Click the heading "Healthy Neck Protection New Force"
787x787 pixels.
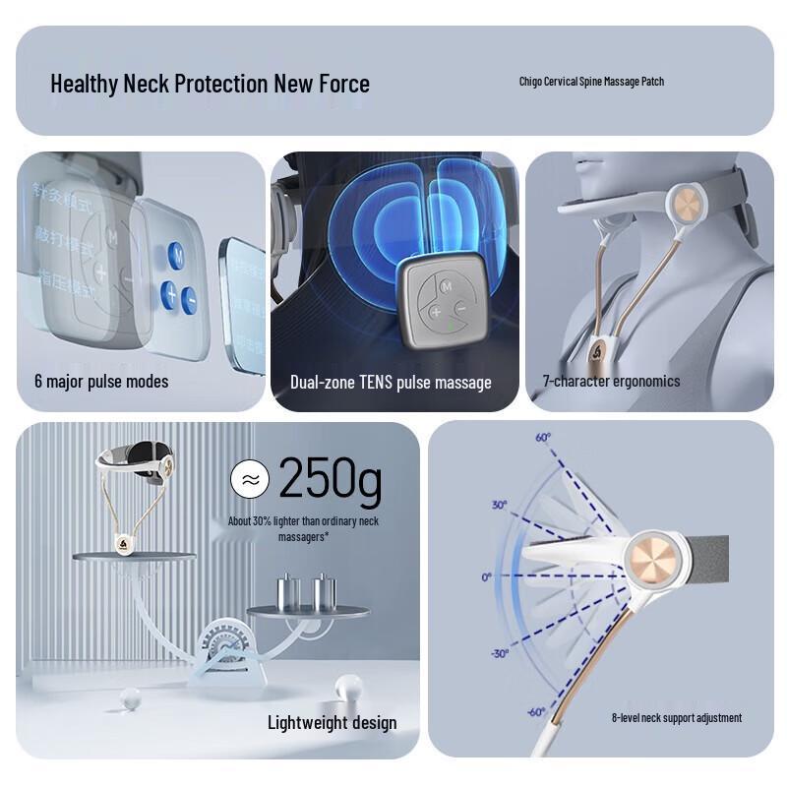[x=210, y=84]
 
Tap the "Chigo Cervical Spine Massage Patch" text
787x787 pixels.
[x=591, y=82]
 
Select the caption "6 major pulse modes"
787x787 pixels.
[x=101, y=382]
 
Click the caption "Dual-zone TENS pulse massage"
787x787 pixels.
[x=391, y=383]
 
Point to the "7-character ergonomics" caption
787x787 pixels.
[x=611, y=382]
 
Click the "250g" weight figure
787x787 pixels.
[x=330, y=479]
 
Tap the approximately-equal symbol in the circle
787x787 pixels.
[x=250, y=480]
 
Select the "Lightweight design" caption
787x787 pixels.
[x=333, y=723]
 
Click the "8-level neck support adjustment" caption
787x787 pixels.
[x=677, y=718]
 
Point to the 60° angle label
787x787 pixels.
[x=543, y=437]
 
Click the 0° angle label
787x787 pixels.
[x=487, y=577]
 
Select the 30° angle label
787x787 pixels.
[x=500, y=505]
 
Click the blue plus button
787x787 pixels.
[x=168, y=292]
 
